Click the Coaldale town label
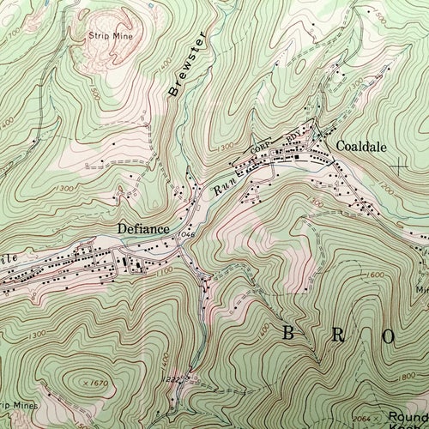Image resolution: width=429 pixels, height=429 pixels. (359, 146)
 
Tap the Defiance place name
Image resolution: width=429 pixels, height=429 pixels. (141, 229)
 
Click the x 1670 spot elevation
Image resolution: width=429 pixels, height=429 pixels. (100, 382)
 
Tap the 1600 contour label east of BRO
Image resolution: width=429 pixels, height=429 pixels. (374, 275)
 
